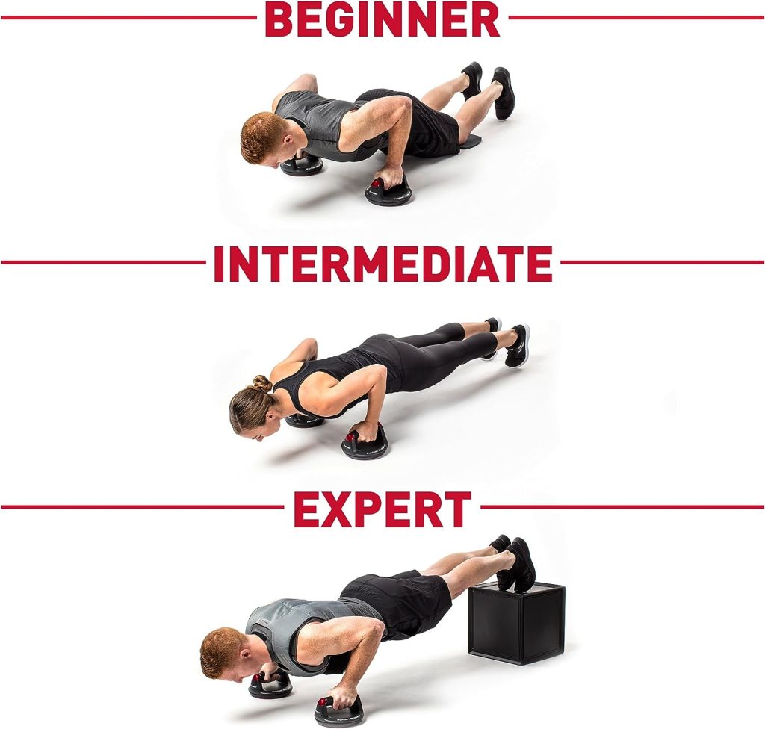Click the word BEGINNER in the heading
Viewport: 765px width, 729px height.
click(382, 18)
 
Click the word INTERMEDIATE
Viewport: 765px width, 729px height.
click(383, 264)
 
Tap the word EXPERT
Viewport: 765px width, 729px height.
click(382, 509)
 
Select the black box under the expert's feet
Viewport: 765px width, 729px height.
click(516, 624)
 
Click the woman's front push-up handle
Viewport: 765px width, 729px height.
click(365, 442)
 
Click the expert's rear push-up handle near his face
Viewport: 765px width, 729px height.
click(270, 684)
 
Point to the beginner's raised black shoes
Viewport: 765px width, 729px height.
click(489, 88)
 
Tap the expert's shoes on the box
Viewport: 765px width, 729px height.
click(513, 561)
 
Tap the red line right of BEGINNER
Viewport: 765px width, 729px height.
click(637, 18)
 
